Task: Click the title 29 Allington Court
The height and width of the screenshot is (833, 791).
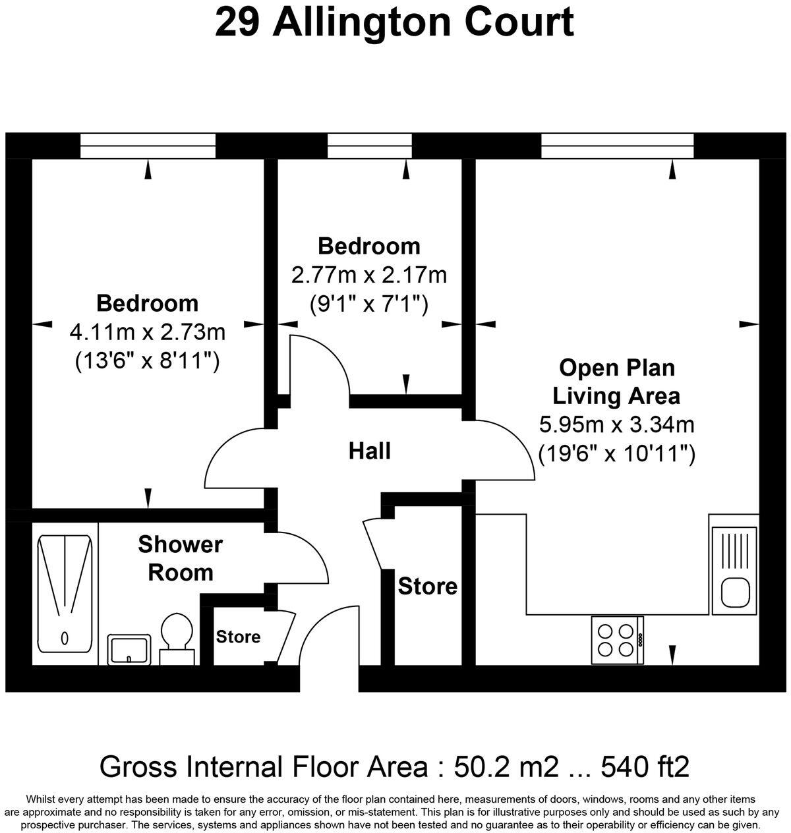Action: click(394, 24)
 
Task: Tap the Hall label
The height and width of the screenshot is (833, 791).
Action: click(369, 451)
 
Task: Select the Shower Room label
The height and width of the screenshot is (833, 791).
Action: click(180, 558)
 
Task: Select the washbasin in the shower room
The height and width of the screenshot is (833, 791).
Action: click(130, 649)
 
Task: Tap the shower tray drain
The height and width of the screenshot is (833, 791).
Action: click(65, 637)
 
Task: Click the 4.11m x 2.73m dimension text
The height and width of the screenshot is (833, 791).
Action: click(148, 331)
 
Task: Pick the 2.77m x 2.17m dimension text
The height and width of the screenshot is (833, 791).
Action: click(369, 274)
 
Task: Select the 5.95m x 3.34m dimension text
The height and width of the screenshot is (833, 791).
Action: click(616, 424)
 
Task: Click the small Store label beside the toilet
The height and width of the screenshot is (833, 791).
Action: click(238, 637)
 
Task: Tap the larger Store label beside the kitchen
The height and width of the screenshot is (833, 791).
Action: click(427, 586)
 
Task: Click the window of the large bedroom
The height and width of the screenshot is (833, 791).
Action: click(148, 146)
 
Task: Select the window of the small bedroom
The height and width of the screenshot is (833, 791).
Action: click(369, 146)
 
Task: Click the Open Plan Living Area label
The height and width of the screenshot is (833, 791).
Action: click(616, 382)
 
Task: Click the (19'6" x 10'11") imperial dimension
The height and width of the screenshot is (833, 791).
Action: click(616, 454)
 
